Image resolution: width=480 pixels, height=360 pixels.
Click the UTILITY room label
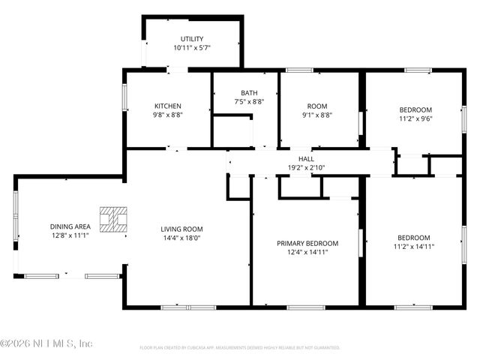(191, 39)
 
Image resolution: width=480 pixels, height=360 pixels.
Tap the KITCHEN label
(168, 106)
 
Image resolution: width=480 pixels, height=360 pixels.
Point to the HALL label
(306, 159)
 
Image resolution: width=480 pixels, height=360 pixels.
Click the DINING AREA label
(70, 226)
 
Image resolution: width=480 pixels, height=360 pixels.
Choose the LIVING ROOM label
(181, 229)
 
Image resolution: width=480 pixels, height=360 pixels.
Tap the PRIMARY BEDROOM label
(307, 243)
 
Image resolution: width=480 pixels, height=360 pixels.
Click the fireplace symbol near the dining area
(115, 219)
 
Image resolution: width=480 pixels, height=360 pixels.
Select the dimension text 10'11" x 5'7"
(191, 48)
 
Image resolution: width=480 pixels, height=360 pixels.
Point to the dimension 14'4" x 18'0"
(181, 238)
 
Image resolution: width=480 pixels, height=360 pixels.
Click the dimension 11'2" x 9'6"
(415, 118)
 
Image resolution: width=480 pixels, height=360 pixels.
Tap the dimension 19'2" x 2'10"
(306, 168)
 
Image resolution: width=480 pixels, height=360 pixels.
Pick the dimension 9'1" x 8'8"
(317, 115)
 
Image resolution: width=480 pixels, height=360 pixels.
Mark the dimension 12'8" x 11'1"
(70, 235)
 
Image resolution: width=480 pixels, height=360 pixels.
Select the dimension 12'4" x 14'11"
(307, 252)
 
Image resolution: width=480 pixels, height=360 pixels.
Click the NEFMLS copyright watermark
(46, 343)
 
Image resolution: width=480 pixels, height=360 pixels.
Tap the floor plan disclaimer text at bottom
(240, 348)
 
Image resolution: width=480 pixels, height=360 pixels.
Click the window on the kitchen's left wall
(124, 98)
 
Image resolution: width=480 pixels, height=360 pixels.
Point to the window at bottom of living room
(180, 307)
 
